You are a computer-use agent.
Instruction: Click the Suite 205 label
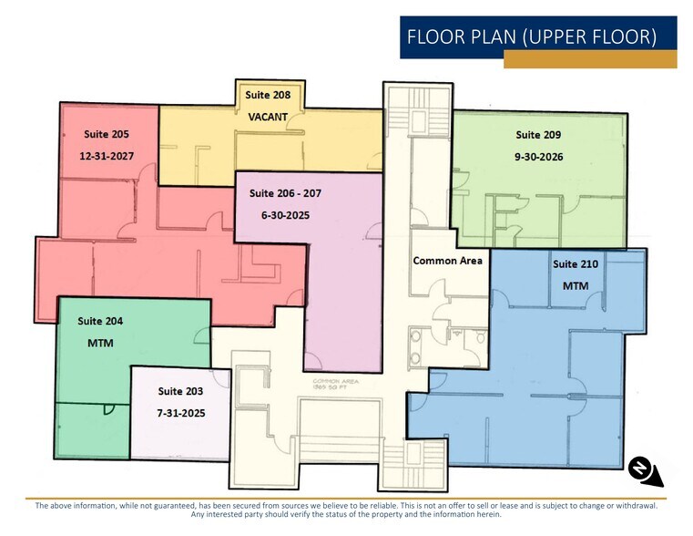click(x=107, y=134)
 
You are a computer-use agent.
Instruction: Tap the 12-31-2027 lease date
click(x=107, y=156)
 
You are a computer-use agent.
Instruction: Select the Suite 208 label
click(x=268, y=95)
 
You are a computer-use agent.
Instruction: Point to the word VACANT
click(x=268, y=117)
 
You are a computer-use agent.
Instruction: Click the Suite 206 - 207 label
click(x=285, y=193)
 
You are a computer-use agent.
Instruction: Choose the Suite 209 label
click(x=538, y=134)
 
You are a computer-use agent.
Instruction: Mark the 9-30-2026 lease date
click(x=538, y=157)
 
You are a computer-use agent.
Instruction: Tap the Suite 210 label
click(x=576, y=264)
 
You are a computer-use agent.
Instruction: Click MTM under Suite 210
click(x=576, y=286)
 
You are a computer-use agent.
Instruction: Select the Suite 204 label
click(x=100, y=321)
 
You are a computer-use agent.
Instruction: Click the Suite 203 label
click(x=180, y=391)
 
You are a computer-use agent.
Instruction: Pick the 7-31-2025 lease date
click(x=180, y=413)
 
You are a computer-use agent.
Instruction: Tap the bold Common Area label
click(x=447, y=261)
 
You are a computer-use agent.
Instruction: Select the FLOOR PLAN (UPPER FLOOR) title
click(x=532, y=37)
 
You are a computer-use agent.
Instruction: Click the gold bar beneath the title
click(x=590, y=60)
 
